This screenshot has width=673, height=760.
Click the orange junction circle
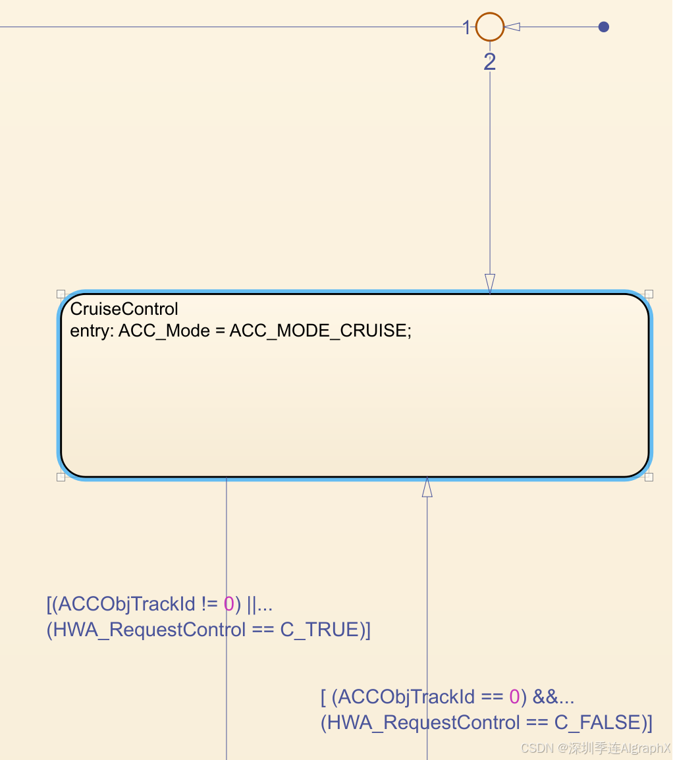489,27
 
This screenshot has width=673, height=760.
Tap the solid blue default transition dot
603,27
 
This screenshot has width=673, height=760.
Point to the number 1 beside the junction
466,28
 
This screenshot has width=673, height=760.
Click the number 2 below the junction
489,63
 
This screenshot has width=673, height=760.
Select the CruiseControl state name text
124,309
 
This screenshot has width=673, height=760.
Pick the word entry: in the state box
92,331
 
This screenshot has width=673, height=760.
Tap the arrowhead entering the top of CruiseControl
489,283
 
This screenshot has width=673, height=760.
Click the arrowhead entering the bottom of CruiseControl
427,487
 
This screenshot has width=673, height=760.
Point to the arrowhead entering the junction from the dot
512,27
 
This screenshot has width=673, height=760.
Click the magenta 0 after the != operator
229,603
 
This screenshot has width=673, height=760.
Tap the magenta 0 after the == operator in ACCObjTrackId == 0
515,696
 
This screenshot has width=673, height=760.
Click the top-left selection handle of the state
61,294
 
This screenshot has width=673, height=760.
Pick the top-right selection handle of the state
649,294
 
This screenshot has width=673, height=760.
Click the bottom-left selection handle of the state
61,477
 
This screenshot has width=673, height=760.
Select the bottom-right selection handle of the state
649,477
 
